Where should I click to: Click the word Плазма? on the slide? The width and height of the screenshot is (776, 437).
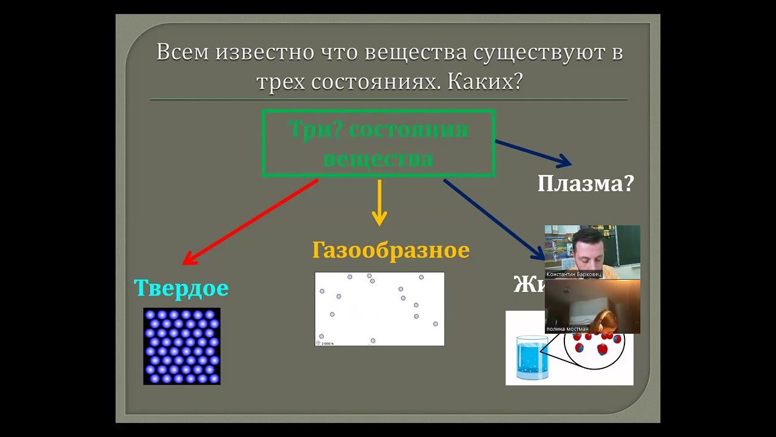click(x=585, y=183)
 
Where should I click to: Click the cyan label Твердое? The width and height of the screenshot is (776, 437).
click(x=181, y=288)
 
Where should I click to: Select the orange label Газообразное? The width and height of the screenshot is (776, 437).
click(x=391, y=250)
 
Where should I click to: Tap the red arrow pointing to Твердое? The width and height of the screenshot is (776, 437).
click(x=250, y=222)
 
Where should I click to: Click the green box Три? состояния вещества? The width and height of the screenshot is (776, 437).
click(x=379, y=143)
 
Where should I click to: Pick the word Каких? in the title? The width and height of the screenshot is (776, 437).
click(x=485, y=82)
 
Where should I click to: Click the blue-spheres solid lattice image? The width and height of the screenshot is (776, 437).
click(x=182, y=346)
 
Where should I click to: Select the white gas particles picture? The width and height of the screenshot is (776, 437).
click(x=380, y=308)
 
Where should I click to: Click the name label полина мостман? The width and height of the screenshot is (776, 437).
click(x=567, y=329)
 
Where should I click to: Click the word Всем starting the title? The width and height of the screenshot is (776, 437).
click(x=183, y=53)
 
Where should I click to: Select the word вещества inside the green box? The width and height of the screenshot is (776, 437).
click(x=379, y=159)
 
